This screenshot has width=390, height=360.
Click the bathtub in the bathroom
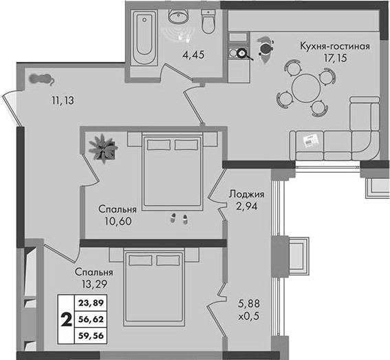144,38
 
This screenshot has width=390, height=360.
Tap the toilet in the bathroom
208,22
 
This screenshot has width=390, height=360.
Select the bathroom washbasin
179,16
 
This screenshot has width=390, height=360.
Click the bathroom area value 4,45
193,54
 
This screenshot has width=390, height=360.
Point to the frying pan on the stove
243,54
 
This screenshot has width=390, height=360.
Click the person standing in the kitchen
266,50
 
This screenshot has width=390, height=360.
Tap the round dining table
306,88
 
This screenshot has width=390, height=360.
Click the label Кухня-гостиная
335,46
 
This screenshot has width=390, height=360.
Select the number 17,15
335,58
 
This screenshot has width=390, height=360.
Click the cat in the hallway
41,79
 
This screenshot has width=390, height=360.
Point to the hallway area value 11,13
63,100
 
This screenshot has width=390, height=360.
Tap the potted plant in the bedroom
103,149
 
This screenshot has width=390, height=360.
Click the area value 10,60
118,221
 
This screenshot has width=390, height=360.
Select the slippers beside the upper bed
179,219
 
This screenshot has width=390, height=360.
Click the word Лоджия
246,194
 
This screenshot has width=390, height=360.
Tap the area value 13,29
94,284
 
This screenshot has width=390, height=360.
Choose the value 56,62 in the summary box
91,319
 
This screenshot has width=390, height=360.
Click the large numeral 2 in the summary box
67,319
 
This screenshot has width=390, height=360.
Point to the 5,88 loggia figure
249,304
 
